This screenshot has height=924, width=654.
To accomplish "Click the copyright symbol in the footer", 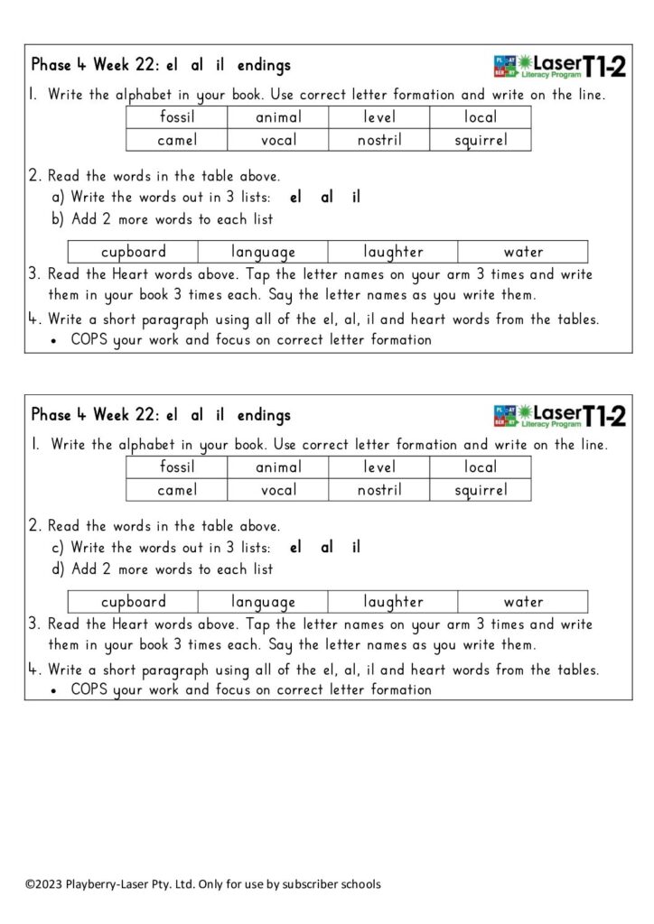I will click(30, 883).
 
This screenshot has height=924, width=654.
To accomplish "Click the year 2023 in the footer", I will click(48, 883).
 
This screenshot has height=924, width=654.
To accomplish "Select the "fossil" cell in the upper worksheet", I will click(177, 117).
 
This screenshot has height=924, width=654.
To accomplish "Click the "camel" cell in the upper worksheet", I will click(177, 140).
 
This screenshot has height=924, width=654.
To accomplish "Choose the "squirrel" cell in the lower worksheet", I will click(481, 490).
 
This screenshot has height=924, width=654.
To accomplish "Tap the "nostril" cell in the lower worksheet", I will click(379, 490).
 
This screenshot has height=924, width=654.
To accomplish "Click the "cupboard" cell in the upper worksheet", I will click(134, 252).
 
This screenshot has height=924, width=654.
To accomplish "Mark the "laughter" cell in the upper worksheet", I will click(393, 252).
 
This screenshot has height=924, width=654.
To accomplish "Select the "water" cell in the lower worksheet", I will click(523, 602).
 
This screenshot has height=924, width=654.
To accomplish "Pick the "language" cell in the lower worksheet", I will click(263, 602).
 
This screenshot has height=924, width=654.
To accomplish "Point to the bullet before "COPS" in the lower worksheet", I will click(55, 691).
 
